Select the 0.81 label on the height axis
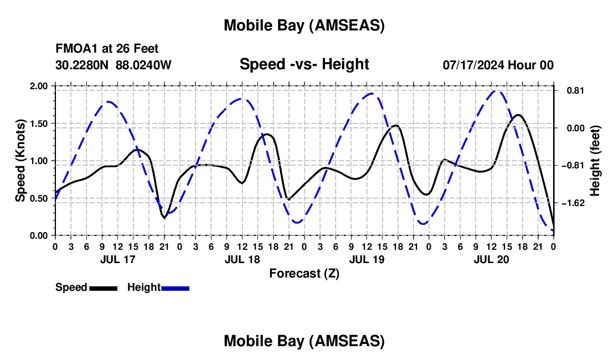point(570,90)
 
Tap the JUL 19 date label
point(367,259)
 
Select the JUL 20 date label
point(491,259)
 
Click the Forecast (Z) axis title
point(304,273)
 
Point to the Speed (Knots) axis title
point(20,161)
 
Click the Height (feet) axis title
point(595,161)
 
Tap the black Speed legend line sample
point(103,287)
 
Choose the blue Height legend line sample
point(175,287)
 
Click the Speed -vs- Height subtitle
point(304,64)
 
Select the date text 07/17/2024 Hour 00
point(498,65)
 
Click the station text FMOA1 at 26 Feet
point(107,49)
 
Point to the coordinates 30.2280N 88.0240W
point(113,65)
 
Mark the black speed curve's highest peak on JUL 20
point(518,115)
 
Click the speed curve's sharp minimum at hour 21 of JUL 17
point(164,218)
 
